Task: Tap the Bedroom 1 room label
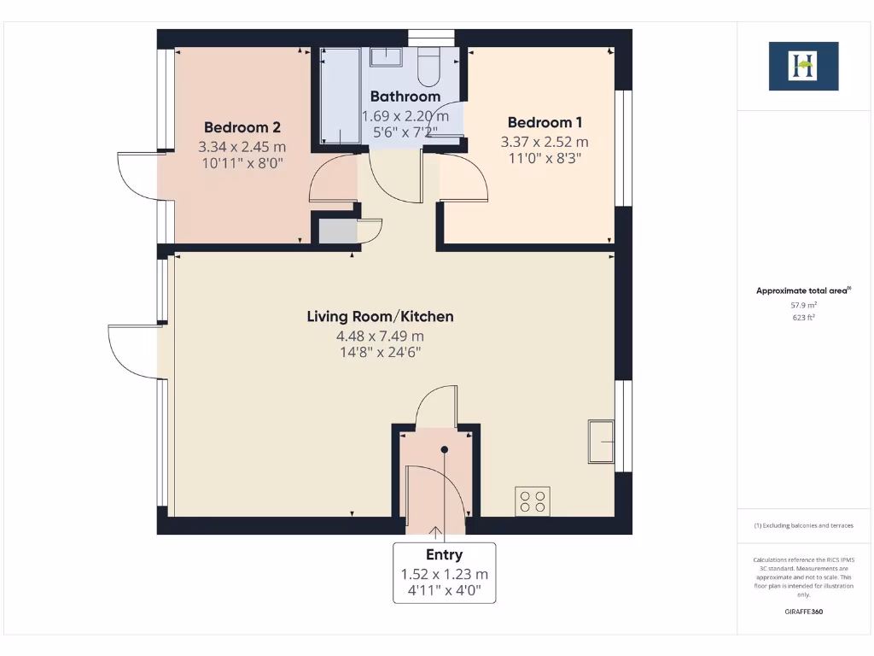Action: pyautogui.click(x=545, y=122)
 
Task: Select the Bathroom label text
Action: pyautogui.click(x=405, y=97)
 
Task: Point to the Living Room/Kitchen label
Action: pyautogui.click(x=380, y=317)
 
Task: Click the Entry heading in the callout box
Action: pyautogui.click(x=444, y=555)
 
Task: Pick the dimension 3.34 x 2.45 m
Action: pyautogui.click(x=242, y=146)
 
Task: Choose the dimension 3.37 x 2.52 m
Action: pyautogui.click(x=545, y=142)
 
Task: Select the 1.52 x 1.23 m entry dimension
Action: pyautogui.click(x=444, y=574)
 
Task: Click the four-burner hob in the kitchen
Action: pyautogui.click(x=533, y=501)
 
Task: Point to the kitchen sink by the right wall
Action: pyautogui.click(x=601, y=441)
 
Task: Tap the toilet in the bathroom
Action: pyautogui.click(x=429, y=66)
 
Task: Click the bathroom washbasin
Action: pyautogui.click(x=387, y=57)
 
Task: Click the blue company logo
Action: pyautogui.click(x=803, y=66)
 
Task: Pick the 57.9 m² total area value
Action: pyautogui.click(x=803, y=305)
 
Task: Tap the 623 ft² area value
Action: pyautogui.click(x=803, y=317)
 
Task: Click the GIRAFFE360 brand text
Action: pyautogui.click(x=803, y=612)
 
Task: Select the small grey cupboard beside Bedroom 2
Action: pyautogui.click(x=336, y=231)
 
